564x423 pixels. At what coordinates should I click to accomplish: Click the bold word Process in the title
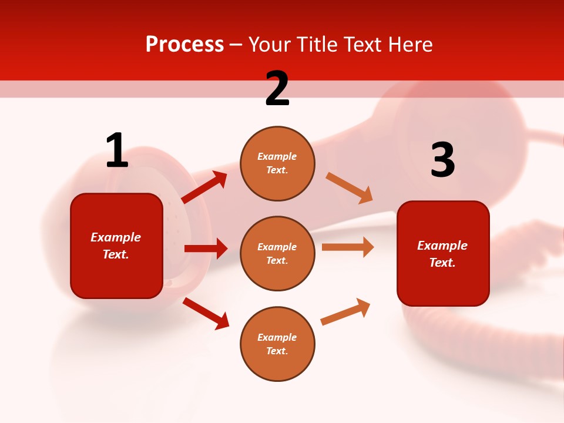(x=184, y=45)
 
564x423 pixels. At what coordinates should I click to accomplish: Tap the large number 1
(x=117, y=150)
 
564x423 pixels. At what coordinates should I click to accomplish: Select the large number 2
(x=277, y=89)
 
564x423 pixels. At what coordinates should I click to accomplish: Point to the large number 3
(x=442, y=160)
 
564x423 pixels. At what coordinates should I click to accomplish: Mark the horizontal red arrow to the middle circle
(x=206, y=249)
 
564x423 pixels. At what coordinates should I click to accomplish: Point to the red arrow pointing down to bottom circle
(x=206, y=313)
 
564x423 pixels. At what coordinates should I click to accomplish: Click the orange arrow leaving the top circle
(x=350, y=188)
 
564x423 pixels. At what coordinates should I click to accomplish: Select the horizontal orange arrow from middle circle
(x=348, y=247)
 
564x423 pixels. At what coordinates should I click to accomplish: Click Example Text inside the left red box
(x=116, y=246)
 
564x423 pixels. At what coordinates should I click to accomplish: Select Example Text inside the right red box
(x=442, y=254)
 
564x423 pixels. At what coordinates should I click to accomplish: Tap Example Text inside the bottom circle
(x=277, y=344)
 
